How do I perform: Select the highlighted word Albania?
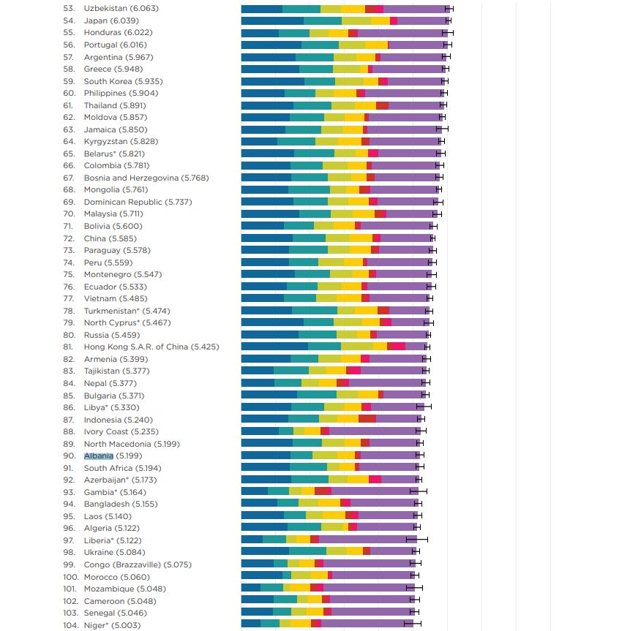coord(99,456)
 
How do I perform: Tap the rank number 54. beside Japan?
coord(70,20)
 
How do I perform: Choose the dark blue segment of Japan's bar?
coord(271,20)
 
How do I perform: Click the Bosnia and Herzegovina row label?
coord(146,178)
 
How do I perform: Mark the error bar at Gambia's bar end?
coord(422,491)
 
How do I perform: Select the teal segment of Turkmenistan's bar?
coord(314,311)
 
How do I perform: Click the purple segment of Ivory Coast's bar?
coord(373,431)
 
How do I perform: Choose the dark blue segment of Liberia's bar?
coord(252,540)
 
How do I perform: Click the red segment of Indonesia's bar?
coord(367,420)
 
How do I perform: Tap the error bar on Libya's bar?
coord(424,407)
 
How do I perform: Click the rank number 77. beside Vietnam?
coord(70,298)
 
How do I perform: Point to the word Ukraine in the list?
coord(99,552)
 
